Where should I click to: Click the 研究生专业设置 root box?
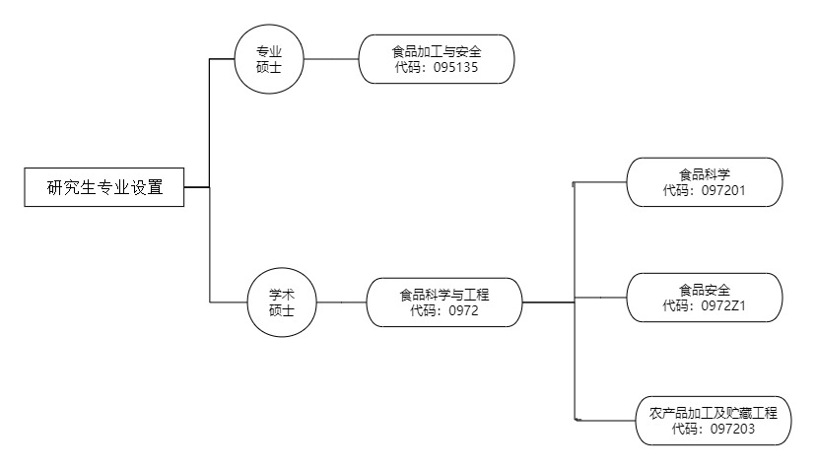104,186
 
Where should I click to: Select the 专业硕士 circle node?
269,59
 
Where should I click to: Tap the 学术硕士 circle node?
283,301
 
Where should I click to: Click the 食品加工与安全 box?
436,59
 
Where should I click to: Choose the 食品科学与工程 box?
444,301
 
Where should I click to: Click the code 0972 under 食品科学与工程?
462,310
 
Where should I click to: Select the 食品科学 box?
704,181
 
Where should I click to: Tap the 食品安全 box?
704,298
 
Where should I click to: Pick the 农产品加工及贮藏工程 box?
714,420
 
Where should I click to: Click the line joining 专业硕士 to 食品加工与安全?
330,59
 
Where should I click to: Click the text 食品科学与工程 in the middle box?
444,294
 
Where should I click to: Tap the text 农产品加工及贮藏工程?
714,412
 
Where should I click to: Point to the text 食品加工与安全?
436,51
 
